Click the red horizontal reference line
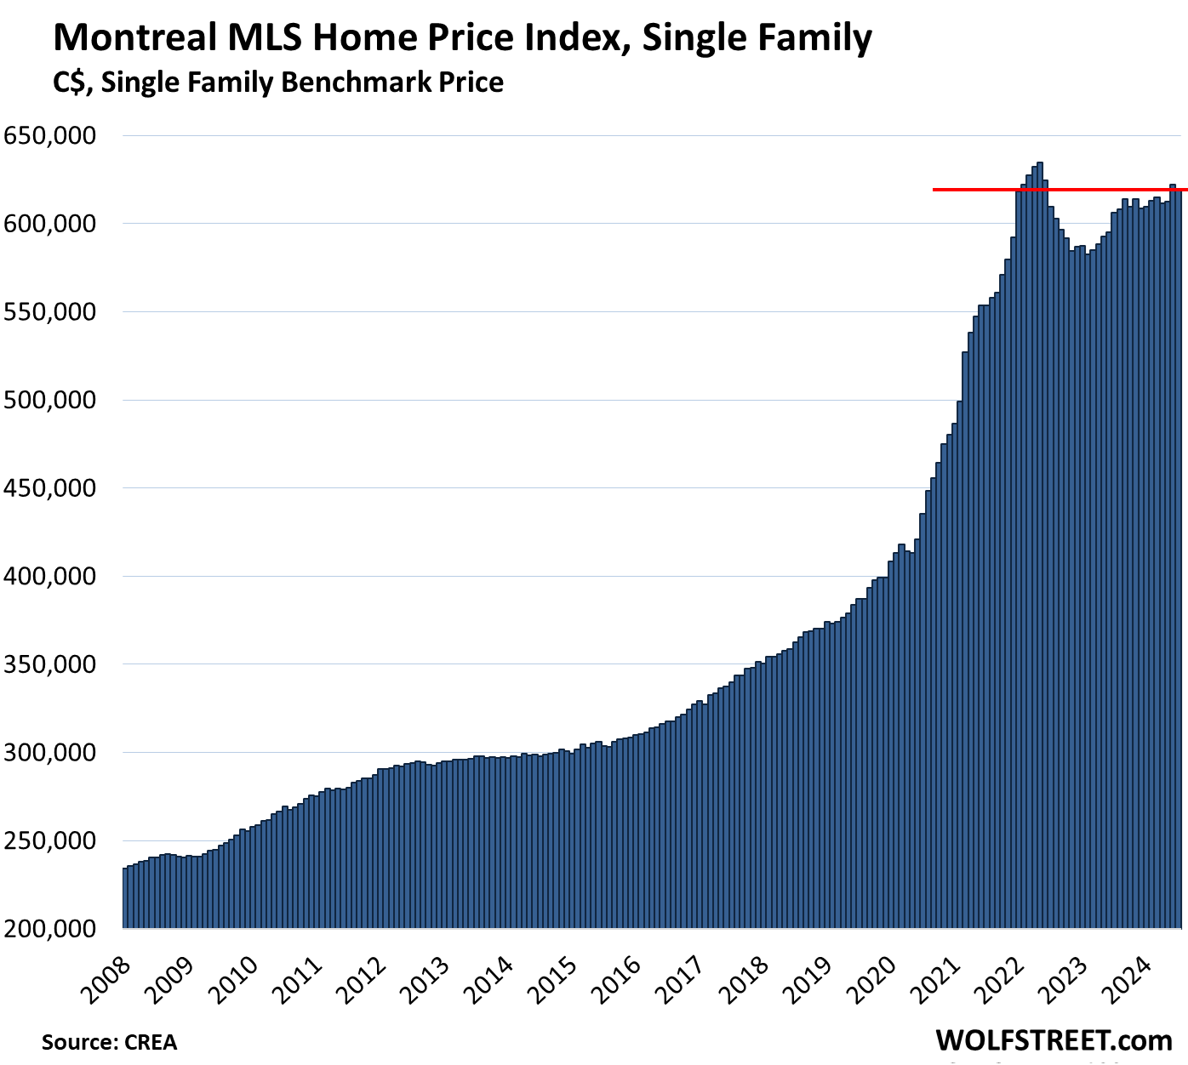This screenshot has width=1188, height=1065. pyautogui.click(x=979, y=189)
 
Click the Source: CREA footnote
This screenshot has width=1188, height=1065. pyautogui.click(x=109, y=1042)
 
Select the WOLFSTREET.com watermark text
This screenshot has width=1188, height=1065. pyautogui.click(x=1054, y=1039)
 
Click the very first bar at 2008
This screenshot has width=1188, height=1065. pyautogui.click(x=125, y=897)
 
